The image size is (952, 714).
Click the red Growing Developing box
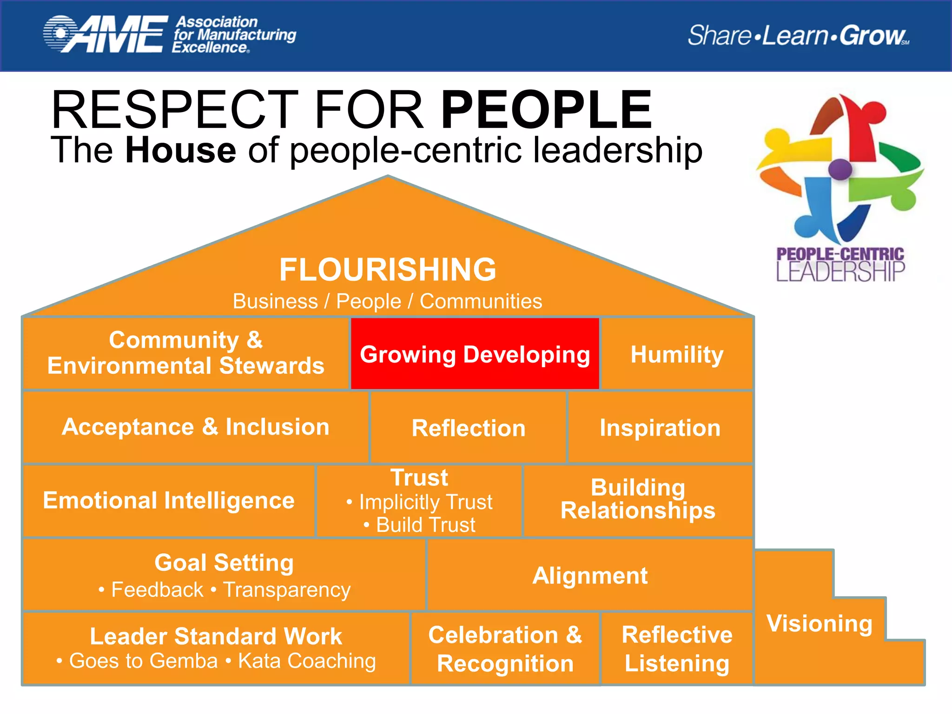pos(475,354)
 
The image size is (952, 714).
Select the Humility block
pos(677,354)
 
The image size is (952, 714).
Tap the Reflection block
pos(469,428)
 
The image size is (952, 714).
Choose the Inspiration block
pos(660,428)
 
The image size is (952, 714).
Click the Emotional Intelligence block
pos(169,501)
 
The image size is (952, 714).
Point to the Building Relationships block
pos(638,499)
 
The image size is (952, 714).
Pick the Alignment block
pos(590,575)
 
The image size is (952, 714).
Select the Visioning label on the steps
pos(820,623)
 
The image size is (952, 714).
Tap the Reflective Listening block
pos(677,649)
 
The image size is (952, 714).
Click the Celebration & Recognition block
pos(505,649)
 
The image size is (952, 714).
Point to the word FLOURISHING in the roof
pos(388,270)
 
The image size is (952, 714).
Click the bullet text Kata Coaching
pos(307,661)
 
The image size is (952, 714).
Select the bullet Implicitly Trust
pos(425,502)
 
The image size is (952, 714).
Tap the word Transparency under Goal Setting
pos(287,590)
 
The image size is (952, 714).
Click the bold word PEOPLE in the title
pos(547,110)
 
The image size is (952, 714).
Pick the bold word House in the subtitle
pos(181,150)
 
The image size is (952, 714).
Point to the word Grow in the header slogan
pos(873,35)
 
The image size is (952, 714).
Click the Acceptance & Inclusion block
pos(196,427)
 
